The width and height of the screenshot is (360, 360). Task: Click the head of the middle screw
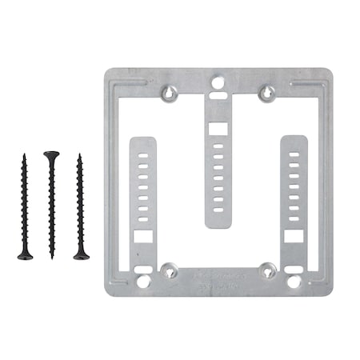coord(52,154)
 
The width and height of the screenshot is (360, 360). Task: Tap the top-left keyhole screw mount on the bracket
coord(170,94)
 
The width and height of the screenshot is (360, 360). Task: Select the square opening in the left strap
coord(143,237)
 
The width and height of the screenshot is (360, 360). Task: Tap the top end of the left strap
coord(143,141)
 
